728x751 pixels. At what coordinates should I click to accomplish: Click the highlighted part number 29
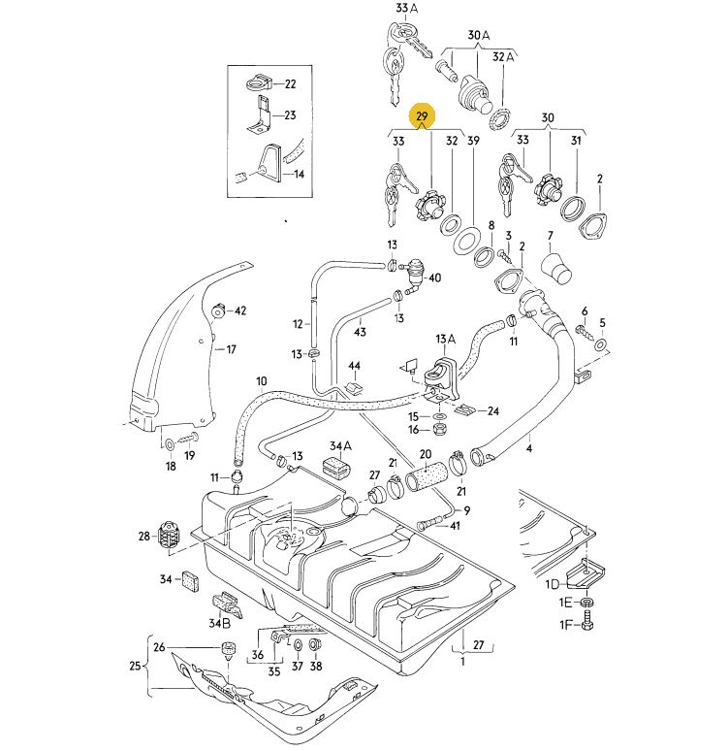tap(422, 117)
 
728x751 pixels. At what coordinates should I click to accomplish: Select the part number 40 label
tap(434, 278)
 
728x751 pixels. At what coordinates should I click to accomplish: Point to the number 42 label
tap(239, 310)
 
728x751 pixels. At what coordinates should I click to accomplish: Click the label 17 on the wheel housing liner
tap(231, 349)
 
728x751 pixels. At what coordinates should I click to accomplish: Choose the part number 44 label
tap(355, 367)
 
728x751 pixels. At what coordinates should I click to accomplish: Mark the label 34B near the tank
tap(219, 622)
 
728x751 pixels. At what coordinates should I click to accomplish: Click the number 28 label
tap(144, 535)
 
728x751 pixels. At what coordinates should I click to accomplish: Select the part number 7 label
tap(550, 236)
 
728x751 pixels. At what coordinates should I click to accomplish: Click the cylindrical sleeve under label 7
tap(557, 266)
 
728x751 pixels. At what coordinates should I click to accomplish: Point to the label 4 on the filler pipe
tap(529, 449)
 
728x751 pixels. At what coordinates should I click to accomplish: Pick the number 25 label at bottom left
tap(136, 666)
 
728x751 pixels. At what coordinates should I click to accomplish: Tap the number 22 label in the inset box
tap(291, 84)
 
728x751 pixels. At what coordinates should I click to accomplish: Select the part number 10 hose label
tap(261, 380)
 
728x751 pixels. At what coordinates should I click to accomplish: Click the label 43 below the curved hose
tap(360, 332)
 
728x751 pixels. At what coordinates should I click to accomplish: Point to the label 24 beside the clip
tap(492, 410)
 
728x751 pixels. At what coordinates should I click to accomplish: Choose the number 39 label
tap(474, 142)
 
